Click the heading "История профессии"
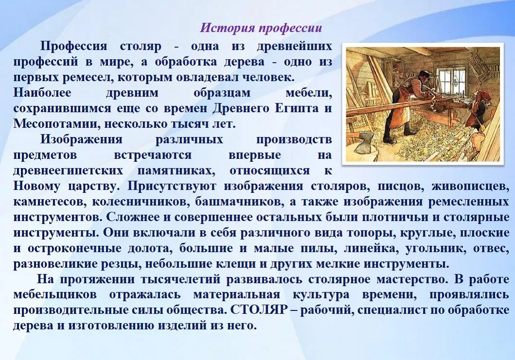tap(261, 28)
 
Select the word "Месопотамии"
tap(52, 124)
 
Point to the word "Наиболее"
tap(42, 93)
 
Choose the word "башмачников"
tap(239, 202)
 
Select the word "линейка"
tap(370, 248)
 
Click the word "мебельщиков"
tap(55, 295)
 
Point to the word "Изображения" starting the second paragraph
tap(81, 139)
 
